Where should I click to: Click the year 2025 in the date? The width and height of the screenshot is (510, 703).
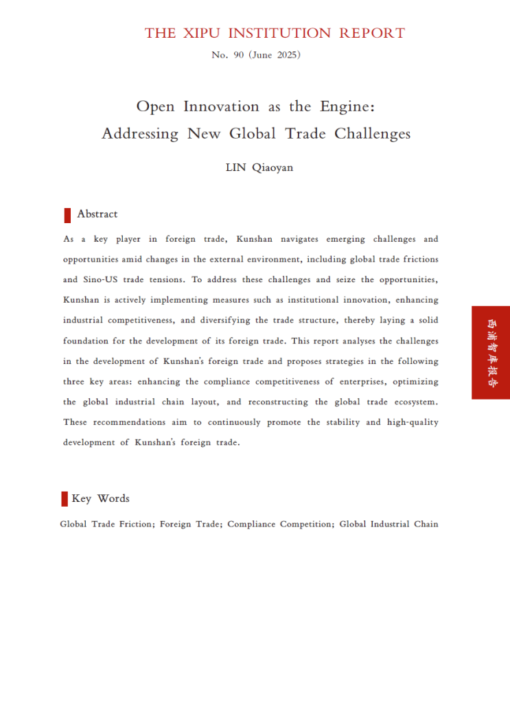pyautogui.click(x=288, y=55)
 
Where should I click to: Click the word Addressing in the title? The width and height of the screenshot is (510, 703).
pyautogui.click(x=141, y=133)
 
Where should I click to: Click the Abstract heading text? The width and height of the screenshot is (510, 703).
pyautogui.click(x=97, y=214)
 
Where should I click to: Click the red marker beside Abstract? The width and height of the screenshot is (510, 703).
pyautogui.click(x=67, y=215)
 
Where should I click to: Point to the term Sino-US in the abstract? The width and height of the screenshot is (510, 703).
pyautogui.click(x=100, y=280)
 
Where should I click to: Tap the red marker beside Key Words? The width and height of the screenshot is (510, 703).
pyautogui.click(x=65, y=498)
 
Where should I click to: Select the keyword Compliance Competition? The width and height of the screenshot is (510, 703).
pyautogui.click(x=280, y=524)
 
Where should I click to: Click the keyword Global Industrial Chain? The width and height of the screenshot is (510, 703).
pyautogui.click(x=389, y=524)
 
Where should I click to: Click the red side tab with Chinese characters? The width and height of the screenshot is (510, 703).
pyautogui.click(x=490, y=352)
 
